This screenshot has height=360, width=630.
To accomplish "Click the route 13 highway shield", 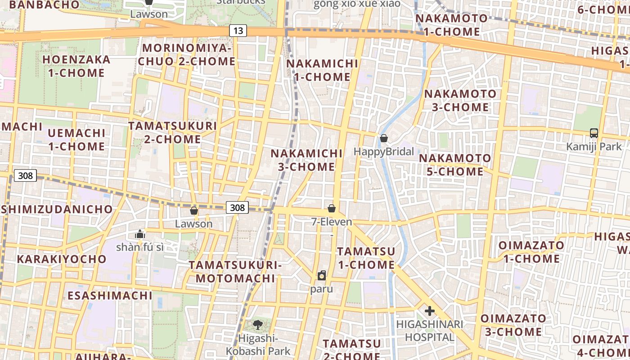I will click(x=238, y=31).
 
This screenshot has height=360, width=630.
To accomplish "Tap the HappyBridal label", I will click(x=383, y=152).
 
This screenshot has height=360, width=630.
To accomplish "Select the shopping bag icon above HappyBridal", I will click(x=384, y=138).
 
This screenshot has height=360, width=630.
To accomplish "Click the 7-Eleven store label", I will click(x=332, y=222).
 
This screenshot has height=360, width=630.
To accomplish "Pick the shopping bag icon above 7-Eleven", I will click(x=332, y=208).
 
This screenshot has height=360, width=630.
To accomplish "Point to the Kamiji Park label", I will click(x=594, y=147).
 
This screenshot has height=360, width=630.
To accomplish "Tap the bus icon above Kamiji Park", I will click(x=594, y=133).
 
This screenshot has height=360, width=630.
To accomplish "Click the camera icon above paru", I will click(x=322, y=275).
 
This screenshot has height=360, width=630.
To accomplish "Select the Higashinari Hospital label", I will click(x=430, y=331).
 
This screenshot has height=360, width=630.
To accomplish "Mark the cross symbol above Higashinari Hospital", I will click(x=430, y=311).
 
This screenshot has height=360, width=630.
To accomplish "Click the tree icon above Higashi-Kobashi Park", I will click(x=258, y=324).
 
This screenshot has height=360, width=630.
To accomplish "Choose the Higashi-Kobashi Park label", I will click(x=258, y=345).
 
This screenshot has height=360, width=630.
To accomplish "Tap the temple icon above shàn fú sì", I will click(x=140, y=234).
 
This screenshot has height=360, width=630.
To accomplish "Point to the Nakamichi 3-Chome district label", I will click(x=306, y=160).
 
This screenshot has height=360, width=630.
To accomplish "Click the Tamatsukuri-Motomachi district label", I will click(x=235, y=271).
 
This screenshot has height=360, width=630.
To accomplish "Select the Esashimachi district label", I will click(x=110, y=296).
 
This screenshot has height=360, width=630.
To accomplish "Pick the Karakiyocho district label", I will click(x=62, y=259).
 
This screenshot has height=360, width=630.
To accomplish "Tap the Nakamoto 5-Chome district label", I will click(x=455, y=165).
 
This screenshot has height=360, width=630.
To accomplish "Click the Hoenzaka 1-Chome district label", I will click(x=76, y=66).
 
